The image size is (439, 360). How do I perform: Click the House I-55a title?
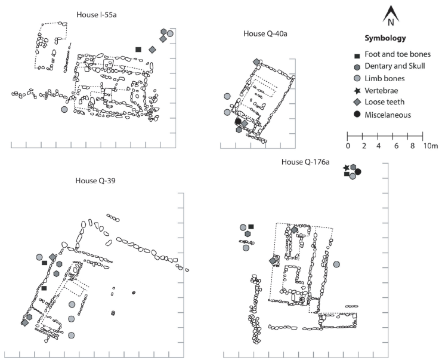97,14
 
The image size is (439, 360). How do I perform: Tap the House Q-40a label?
265,33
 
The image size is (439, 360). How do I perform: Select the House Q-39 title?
95,181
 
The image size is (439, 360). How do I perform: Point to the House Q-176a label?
305,162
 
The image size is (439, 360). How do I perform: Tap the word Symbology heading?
385,38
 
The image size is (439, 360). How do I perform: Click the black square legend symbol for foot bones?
357,56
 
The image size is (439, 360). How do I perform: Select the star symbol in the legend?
357,91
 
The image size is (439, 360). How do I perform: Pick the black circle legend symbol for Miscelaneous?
357,114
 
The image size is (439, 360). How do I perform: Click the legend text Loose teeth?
384,102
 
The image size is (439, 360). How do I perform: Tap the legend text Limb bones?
384,78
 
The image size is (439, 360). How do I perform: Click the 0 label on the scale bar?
348,146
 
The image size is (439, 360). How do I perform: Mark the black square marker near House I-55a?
138,50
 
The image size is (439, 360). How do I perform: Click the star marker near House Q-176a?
347,168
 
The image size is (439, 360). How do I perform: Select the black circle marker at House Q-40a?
238,122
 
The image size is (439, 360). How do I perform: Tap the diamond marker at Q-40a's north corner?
256,62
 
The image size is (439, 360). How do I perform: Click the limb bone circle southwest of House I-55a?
64,109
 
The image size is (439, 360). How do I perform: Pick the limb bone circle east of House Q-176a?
336,264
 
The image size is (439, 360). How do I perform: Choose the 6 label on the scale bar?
396,146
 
